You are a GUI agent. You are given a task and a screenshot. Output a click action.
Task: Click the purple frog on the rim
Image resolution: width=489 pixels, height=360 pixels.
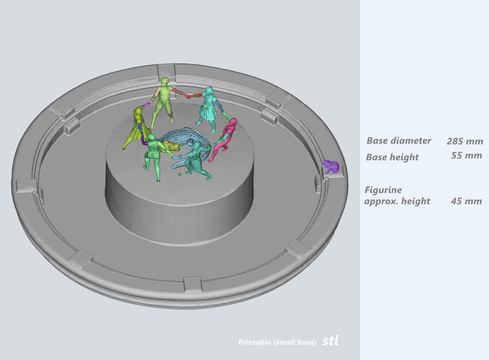[x=331, y=167]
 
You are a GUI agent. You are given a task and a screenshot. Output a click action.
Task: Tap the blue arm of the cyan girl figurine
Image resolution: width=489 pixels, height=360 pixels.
[x=221, y=106]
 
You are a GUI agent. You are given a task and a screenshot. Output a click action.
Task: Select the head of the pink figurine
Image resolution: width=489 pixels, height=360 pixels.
[x=233, y=123]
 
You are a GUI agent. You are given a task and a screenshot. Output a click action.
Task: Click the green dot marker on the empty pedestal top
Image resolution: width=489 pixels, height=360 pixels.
[x=180, y=174]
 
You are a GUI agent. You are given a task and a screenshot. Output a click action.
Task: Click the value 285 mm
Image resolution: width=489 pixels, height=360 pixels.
[x=465, y=141]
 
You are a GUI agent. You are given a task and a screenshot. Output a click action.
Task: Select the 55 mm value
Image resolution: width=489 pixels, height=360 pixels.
[x=466, y=156]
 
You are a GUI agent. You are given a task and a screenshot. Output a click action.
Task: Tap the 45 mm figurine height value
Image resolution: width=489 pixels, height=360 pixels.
[x=466, y=201]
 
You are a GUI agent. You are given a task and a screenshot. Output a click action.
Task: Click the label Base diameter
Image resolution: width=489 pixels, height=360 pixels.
[x=399, y=141]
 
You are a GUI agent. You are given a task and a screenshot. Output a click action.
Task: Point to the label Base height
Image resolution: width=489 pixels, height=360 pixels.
[x=392, y=157]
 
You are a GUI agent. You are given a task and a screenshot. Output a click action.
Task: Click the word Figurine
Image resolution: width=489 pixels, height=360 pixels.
[x=383, y=190]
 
